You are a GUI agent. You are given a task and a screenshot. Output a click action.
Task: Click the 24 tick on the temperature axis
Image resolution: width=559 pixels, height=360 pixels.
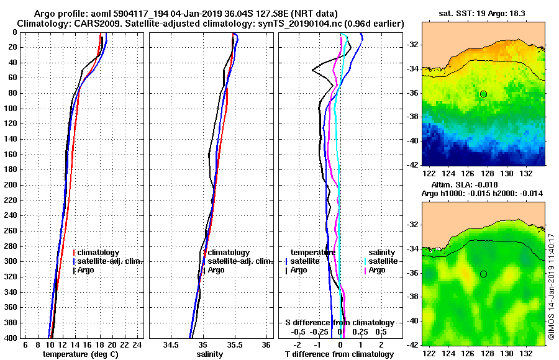click(138, 344)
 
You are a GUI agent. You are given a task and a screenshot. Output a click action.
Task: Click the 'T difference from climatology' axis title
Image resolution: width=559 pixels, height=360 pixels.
click(339, 354)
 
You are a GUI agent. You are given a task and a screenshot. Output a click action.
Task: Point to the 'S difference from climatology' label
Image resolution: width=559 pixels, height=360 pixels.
click(339, 323)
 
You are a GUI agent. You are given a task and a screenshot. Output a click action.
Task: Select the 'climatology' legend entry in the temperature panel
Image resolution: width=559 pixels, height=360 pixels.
click(99, 253)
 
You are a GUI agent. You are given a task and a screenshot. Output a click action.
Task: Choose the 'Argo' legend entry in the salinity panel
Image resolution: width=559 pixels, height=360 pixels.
click(216, 270)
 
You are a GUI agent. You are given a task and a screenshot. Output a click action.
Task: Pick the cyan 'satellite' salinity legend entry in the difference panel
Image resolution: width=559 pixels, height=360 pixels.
click(382, 261)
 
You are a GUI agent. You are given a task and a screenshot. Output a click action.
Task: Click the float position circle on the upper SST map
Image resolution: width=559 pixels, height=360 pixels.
click(483, 94)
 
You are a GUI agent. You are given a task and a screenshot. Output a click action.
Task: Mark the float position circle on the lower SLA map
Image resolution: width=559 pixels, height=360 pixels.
click(483, 274)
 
